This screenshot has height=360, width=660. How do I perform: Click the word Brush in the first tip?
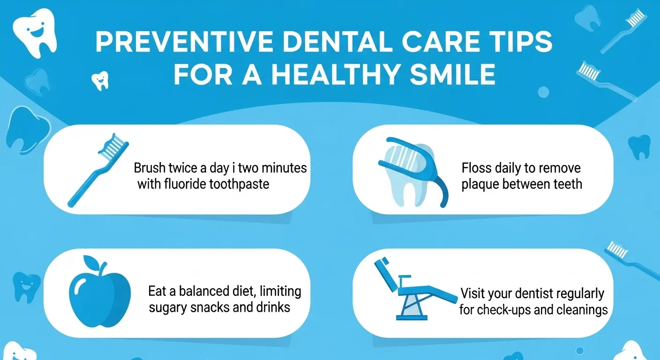click(x=149, y=167)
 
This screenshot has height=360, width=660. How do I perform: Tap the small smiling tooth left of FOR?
click(x=99, y=80)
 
